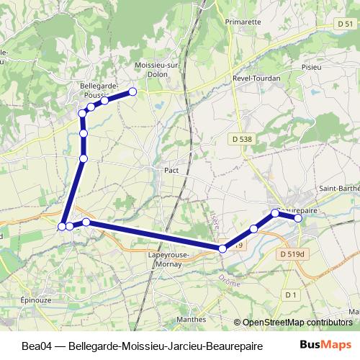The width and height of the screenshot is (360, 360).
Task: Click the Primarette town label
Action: click(x=242, y=22)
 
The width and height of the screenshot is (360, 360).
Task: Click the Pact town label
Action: click(x=171, y=171)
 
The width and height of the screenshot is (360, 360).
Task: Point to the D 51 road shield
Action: click(x=345, y=24)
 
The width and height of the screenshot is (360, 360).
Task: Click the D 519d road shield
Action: click(x=292, y=254)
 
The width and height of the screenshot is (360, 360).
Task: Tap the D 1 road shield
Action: click(x=290, y=295)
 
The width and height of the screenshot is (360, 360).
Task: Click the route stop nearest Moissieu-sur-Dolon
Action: click(x=132, y=91)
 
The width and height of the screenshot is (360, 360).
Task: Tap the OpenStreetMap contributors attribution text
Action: click(x=299, y=322)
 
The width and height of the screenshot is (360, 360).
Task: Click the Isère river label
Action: click(x=215, y=217)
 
